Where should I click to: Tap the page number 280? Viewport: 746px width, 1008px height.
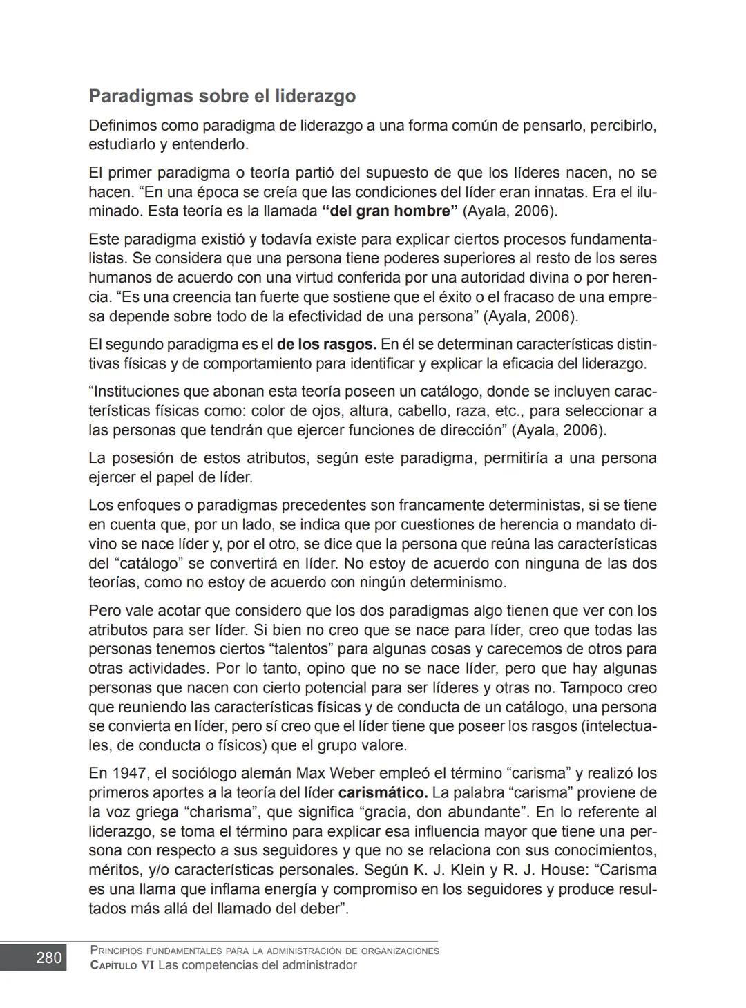48,958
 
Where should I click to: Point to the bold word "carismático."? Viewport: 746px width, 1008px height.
383,792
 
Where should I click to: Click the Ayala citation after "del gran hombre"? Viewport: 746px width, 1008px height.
510,211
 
